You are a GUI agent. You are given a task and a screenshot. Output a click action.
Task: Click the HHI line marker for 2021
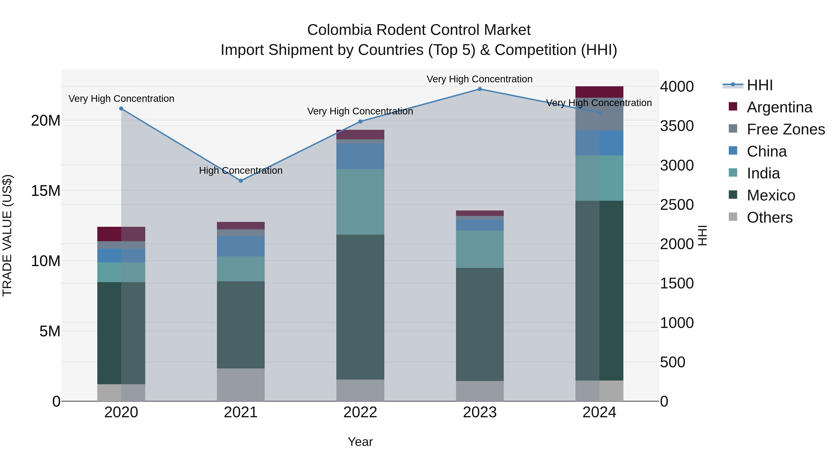[x=241, y=181]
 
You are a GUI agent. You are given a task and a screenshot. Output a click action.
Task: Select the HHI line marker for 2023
[x=480, y=89]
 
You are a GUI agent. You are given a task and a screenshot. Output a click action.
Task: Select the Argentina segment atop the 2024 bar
[x=599, y=92]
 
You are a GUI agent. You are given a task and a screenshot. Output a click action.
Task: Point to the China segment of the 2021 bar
[x=241, y=246]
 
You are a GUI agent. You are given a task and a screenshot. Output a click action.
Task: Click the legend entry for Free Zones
[x=785, y=129]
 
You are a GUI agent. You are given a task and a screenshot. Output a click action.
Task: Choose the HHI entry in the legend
[x=760, y=85]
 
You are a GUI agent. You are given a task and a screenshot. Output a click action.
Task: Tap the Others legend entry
[x=769, y=217]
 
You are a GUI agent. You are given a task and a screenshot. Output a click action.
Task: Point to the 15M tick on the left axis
[x=46, y=191]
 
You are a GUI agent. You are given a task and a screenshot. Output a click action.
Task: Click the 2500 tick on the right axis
[x=677, y=205]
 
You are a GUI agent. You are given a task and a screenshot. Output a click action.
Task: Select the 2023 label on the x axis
[x=480, y=412]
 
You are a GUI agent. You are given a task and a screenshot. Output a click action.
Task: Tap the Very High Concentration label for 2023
[x=480, y=79]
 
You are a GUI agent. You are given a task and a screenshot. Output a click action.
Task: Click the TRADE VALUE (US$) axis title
[x=7, y=235]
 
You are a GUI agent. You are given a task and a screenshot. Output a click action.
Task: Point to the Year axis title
[x=360, y=442]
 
